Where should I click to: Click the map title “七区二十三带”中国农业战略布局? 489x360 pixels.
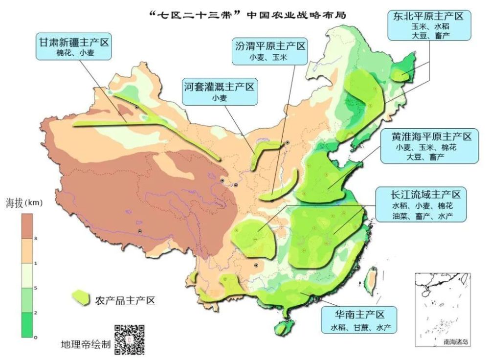pyautogui.click(x=247, y=14)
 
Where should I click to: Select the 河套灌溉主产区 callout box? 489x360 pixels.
pyautogui.click(x=220, y=92)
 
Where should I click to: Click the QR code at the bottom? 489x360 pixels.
pyautogui.click(x=130, y=339)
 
